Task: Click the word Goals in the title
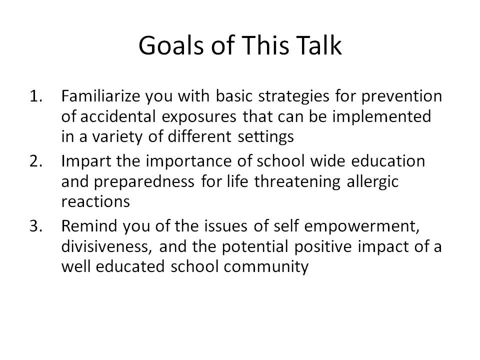pyautogui.click(x=171, y=45)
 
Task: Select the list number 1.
pyautogui.click(x=36, y=96)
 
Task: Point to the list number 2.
pyautogui.click(x=36, y=161)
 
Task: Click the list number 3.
pyautogui.click(x=36, y=226)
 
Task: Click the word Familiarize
pyautogui.click(x=100, y=96)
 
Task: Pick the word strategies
pyautogui.click(x=293, y=96)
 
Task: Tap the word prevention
pyautogui.click(x=401, y=96)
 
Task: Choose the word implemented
pyautogui.click(x=381, y=117)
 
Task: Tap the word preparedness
pyautogui.click(x=143, y=182)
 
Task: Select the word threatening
pyautogui.click(x=297, y=182)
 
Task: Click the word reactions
pyautogui.click(x=95, y=202)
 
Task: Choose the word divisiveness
pyautogui.click(x=106, y=246)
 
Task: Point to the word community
pyautogui.click(x=265, y=267)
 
